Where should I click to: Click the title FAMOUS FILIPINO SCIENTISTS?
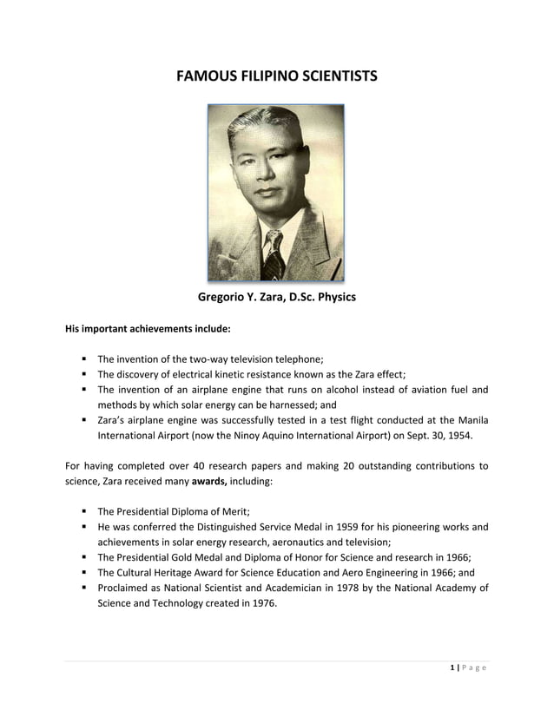277,76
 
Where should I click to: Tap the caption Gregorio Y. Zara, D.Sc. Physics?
277,298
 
